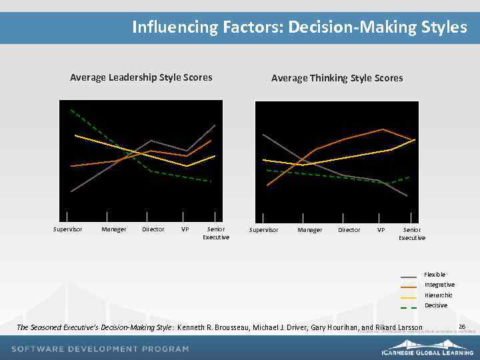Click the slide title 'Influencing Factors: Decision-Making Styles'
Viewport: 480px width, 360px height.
[299, 27]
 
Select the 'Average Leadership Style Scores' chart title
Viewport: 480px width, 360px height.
[141, 77]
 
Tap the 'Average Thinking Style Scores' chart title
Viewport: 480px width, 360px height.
[337, 78]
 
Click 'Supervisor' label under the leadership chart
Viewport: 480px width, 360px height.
[68, 229]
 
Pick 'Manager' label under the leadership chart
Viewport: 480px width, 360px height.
[113, 229]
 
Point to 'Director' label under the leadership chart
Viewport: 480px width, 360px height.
[153, 229]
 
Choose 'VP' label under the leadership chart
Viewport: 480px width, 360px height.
[185, 229]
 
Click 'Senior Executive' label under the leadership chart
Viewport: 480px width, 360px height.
[216, 233]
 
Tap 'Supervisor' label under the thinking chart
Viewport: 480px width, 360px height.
[263, 230]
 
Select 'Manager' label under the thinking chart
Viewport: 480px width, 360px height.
[309, 230]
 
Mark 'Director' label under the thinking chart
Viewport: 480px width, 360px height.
[349, 230]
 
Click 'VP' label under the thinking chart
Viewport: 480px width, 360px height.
[381, 230]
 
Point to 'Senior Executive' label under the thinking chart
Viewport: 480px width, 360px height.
[412, 233]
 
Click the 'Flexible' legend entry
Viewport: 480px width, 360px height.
[435, 275]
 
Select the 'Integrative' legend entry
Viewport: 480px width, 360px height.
[439, 285]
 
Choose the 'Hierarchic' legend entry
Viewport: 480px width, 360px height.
[439, 295]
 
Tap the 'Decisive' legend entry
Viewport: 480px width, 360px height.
[436, 305]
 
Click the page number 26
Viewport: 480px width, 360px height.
[461, 327]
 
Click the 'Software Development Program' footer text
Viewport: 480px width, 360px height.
[101, 349]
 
